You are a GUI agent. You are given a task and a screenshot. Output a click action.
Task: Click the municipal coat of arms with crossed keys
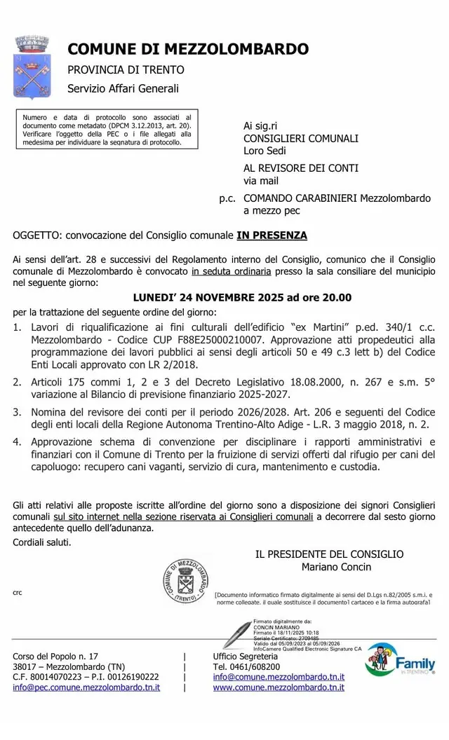(x=31, y=67)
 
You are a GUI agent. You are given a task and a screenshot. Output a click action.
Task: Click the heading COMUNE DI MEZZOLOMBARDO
(x=188, y=49)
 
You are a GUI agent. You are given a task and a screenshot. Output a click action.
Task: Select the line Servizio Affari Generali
(x=123, y=88)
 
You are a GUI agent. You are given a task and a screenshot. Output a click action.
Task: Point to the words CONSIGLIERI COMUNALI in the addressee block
(x=301, y=138)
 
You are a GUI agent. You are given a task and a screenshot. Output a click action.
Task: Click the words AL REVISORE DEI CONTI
(x=301, y=168)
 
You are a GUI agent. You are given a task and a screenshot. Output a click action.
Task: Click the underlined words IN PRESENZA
(x=272, y=235)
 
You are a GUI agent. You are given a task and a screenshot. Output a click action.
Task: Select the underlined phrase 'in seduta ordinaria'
(x=233, y=271)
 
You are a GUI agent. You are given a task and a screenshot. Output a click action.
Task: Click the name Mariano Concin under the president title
(x=336, y=566)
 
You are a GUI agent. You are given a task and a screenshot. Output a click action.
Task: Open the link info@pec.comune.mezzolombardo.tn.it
(x=86, y=687)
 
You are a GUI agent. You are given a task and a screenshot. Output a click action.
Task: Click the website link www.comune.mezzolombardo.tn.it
(x=279, y=687)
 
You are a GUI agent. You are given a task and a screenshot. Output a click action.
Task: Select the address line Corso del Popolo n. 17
(x=56, y=656)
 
